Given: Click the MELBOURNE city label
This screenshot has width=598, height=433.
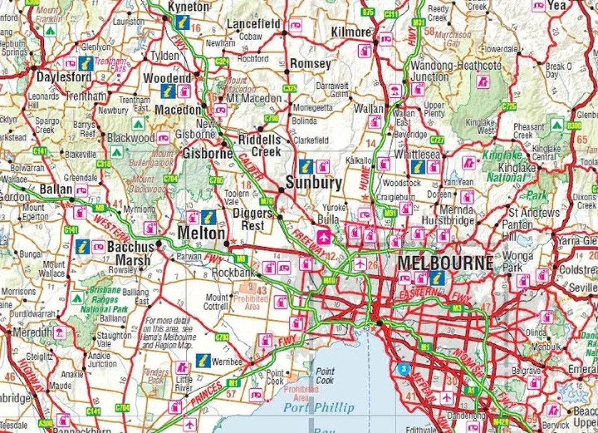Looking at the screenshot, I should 446,263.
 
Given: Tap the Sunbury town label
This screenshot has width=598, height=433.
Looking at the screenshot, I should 314,183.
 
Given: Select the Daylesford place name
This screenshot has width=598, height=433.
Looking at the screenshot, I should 64,77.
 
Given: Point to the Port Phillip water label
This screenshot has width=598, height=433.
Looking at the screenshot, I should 319,408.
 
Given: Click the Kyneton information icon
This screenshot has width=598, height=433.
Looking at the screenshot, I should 182,22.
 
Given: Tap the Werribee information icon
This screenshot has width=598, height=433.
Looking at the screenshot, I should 203,360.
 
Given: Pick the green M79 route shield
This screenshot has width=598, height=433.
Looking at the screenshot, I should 267,201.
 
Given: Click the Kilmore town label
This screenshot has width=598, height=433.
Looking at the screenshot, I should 351,32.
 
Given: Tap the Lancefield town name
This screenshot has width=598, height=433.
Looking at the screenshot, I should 254,24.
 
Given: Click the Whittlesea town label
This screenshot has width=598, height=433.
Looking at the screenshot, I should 417,154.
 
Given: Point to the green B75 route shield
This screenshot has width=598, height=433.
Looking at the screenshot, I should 368,11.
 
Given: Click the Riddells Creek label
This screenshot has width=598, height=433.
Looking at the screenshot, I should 259,145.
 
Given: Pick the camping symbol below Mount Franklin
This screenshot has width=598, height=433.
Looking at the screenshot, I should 49,31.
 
